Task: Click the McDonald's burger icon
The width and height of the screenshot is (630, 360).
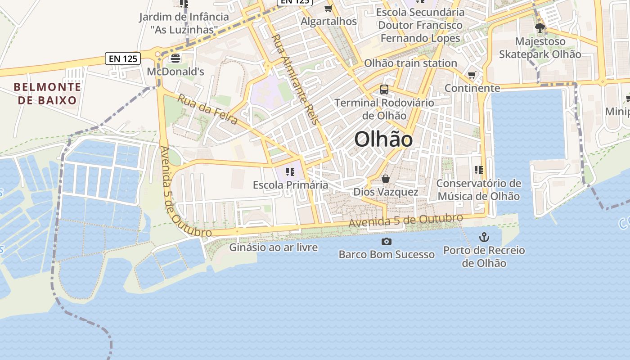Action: [175, 58]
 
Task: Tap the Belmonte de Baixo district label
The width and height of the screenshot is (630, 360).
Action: [47, 93]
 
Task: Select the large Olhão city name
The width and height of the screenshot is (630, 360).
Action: [383, 139]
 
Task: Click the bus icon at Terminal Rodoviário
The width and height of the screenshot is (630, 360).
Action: [384, 89]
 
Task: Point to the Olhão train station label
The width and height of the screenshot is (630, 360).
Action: [410, 63]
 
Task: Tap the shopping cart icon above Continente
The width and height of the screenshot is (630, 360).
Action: [472, 75]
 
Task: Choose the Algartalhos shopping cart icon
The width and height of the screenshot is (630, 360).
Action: [328, 9]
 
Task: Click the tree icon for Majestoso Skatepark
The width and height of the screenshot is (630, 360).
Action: [540, 28]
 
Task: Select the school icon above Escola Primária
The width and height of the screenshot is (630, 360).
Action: [290, 171]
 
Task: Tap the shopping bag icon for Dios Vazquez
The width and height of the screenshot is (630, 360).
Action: [386, 179]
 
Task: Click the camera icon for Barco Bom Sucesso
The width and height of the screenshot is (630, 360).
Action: [386, 242]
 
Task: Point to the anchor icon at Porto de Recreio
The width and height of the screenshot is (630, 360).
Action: [484, 237]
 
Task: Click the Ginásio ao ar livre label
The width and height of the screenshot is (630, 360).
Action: [274, 247]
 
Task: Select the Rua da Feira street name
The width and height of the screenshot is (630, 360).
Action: [207, 109]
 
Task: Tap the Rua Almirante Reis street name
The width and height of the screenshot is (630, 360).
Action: [295, 79]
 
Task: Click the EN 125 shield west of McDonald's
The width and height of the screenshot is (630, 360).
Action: [123, 58]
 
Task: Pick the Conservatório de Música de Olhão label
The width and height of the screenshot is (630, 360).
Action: [479, 190]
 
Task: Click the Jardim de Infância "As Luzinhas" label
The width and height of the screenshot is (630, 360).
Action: [184, 23]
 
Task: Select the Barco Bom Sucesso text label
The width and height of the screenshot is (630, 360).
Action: [387, 254]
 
